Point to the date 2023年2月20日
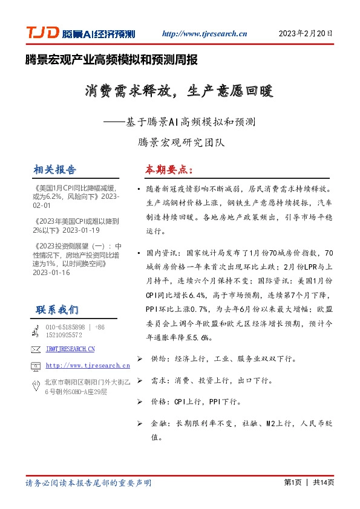pyautogui.click(x=306, y=33)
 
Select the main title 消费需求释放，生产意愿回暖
pyautogui.click(x=179, y=92)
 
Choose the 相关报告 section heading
pyautogui.click(x=56, y=169)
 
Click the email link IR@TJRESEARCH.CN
pyautogui.click(x=70, y=349)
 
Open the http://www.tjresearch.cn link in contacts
pyautogui.click(x=88, y=365)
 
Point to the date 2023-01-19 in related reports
pyautogui.click(x=81, y=230)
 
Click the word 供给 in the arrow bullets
pyautogui.click(x=159, y=358)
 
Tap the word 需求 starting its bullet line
pyautogui.click(x=159, y=381)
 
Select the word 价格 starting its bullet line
pyautogui.click(x=159, y=401)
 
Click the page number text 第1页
pyautogui.click(x=292, y=482)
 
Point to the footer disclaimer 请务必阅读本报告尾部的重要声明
pyautogui.click(x=88, y=483)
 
